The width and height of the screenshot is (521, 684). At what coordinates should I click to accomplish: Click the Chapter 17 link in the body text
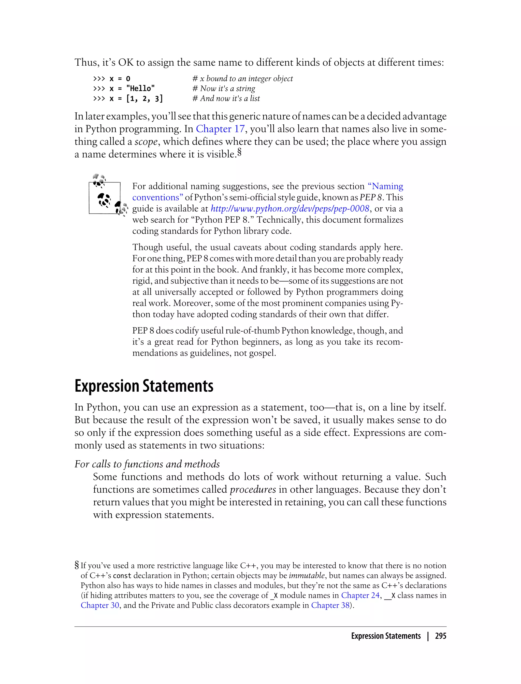(220, 129)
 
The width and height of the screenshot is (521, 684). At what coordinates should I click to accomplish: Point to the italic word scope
(146, 142)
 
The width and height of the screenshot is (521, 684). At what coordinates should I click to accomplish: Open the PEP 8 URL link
(290, 208)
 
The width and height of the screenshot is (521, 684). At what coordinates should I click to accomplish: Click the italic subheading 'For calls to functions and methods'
(147, 464)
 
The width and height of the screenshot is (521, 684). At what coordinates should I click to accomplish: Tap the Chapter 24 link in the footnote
(360, 595)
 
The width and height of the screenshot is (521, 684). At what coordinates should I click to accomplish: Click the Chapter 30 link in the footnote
(100, 605)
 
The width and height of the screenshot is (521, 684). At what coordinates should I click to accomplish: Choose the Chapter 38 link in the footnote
(330, 605)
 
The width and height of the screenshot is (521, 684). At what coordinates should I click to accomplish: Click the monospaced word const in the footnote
(122, 576)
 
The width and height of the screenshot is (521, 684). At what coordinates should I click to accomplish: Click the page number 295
(440, 636)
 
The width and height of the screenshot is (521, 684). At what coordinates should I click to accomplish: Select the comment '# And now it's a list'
(226, 99)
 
